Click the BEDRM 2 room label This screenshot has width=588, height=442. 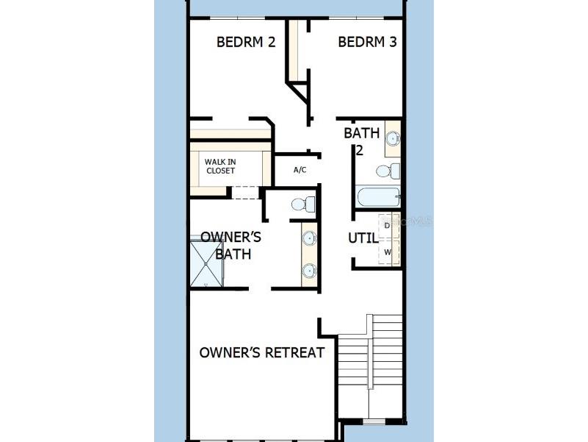coord(245,42)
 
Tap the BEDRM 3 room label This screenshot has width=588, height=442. coord(367,42)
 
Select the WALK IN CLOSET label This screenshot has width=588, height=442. coord(220,165)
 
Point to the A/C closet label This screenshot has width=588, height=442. coord(300,170)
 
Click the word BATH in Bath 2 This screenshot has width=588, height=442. coord(362,133)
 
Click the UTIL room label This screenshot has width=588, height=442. coord(363,238)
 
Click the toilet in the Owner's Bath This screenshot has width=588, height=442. coord(301,204)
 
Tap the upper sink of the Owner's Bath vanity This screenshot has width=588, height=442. coord(309,238)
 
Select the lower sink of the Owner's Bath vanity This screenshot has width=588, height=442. coord(309,271)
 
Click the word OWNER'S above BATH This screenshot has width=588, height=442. coord(231,238)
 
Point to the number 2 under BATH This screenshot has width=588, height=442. coord(360,150)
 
